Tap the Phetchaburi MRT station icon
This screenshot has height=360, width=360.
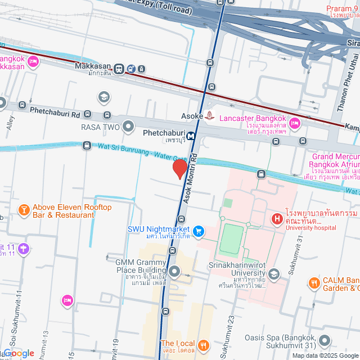tap(191, 135)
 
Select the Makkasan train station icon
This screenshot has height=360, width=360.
tap(119, 69)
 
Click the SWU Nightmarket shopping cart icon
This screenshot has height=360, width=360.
tap(198, 231)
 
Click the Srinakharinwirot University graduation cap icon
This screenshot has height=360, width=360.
tap(274, 274)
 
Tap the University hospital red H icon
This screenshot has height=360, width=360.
tap(277, 218)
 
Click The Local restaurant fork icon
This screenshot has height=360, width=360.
tap(204, 344)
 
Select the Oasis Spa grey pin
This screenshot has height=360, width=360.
tap(324, 341)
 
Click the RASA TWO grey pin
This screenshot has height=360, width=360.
tap(129, 127)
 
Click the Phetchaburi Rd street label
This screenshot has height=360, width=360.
tap(55, 114)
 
